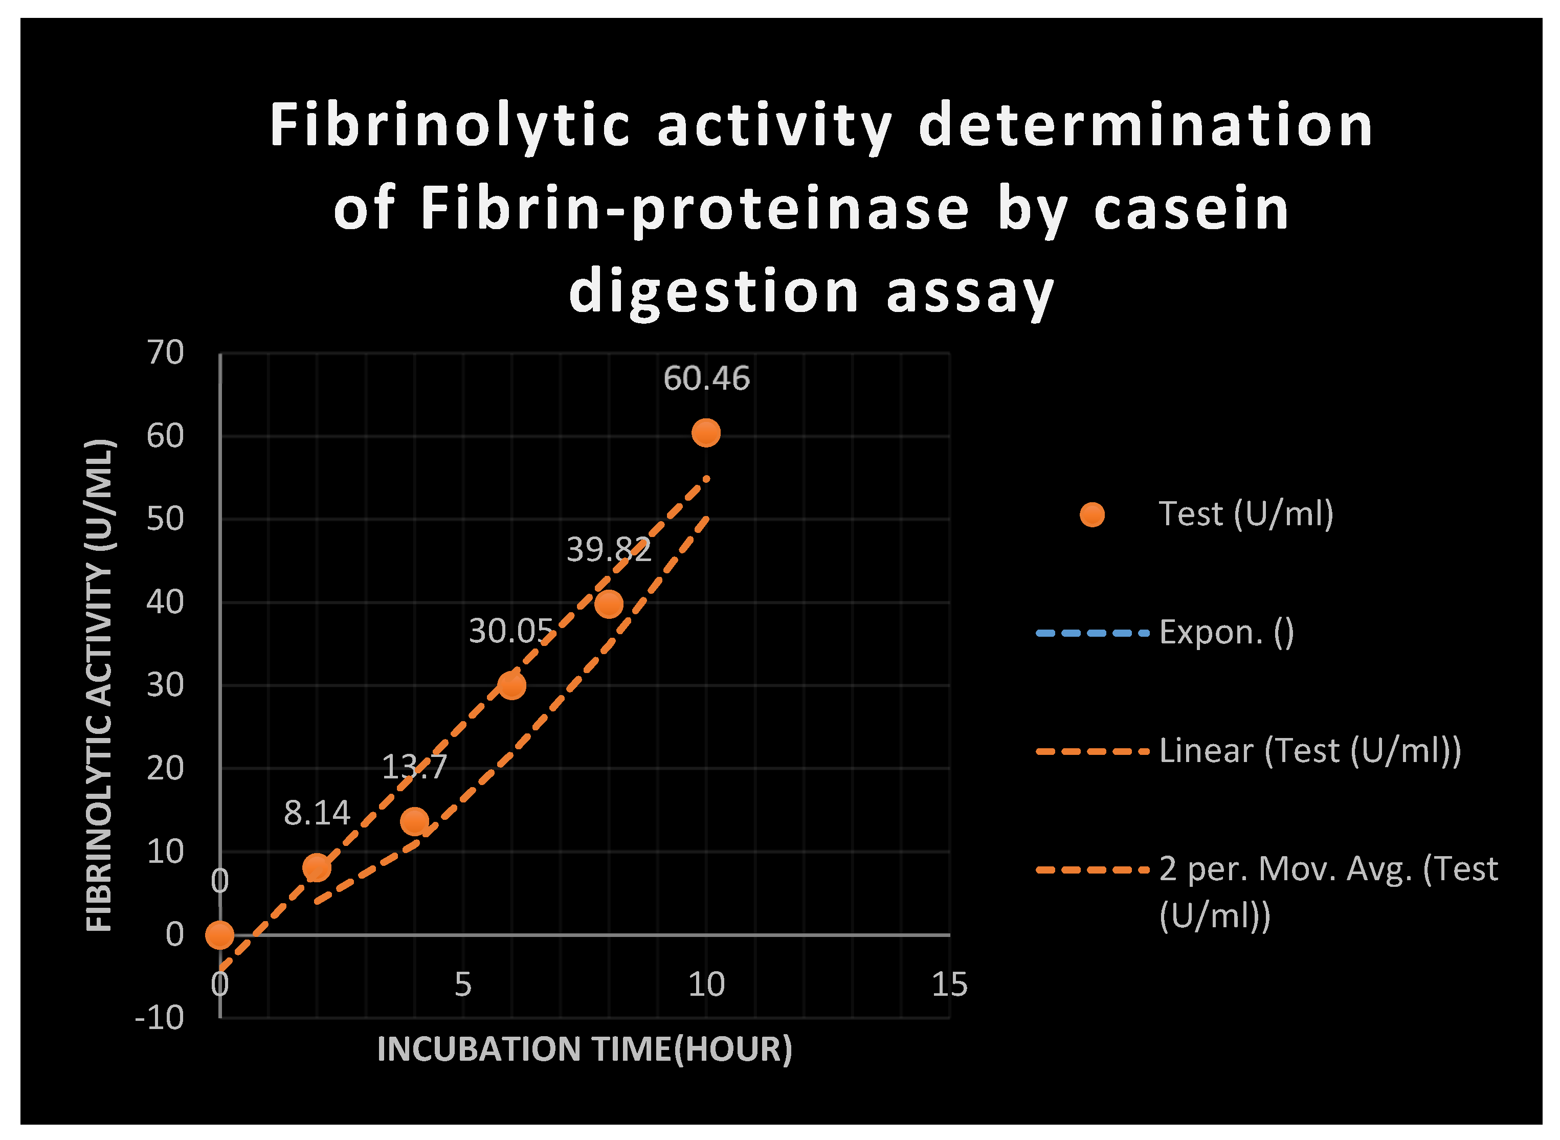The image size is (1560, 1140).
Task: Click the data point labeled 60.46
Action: pyautogui.click(x=706, y=433)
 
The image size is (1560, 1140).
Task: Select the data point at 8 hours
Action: pyautogui.click(x=609, y=604)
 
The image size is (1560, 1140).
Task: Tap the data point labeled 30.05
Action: pyautogui.click(x=511, y=685)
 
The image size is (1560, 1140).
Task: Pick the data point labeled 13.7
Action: pyautogui.click(x=414, y=821)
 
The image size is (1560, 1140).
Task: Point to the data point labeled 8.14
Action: pyautogui.click(x=317, y=867)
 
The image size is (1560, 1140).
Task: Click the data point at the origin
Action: pyautogui.click(x=219, y=935)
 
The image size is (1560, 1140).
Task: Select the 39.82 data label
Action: pyautogui.click(x=609, y=550)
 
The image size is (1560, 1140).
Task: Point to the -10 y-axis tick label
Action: pyautogui.click(x=160, y=1018)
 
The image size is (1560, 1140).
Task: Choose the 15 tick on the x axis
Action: pyautogui.click(x=949, y=985)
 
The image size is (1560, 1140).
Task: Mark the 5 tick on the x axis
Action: pyautogui.click(x=463, y=985)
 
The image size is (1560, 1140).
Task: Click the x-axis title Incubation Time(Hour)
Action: pyautogui.click(x=585, y=1049)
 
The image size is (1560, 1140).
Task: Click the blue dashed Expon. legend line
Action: pyautogui.click(x=1092, y=633)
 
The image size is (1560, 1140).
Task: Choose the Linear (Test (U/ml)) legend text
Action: pyautogui.click(x=1309, y=751)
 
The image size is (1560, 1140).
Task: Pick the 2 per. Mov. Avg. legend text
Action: pyautogui.click(x=1328, y=869)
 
